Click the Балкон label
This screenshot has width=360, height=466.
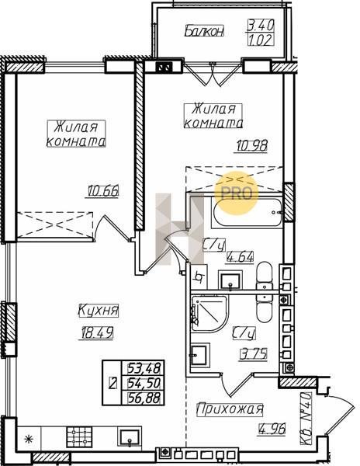[x=204, y=31]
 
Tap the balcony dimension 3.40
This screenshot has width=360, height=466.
[x=261, y=26]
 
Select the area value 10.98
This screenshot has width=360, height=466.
[x=252, y=146]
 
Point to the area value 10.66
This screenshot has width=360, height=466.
[x=103, y=190]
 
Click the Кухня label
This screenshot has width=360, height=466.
[x=99, y=311]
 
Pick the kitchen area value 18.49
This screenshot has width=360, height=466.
[x=97, y=332]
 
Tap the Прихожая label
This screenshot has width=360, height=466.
[x=230, y=409]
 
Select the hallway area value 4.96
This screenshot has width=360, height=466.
[x=272, y=429]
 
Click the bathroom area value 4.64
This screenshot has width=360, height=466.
[x=240, y=256]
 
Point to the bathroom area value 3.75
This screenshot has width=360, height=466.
[x=254, y=353]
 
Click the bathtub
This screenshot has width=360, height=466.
[x=247, y=212]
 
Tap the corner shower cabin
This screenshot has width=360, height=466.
[x=209, y=314]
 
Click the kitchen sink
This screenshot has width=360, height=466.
[x=130, y=437]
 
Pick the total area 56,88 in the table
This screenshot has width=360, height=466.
[x=145, y=398]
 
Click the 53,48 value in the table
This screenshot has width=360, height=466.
[x=145, y=368]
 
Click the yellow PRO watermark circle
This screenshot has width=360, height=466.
[x=237, y=193]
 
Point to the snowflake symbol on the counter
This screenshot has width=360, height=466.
[x=29, y=439]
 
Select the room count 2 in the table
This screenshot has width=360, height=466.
[x=112, y=383]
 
